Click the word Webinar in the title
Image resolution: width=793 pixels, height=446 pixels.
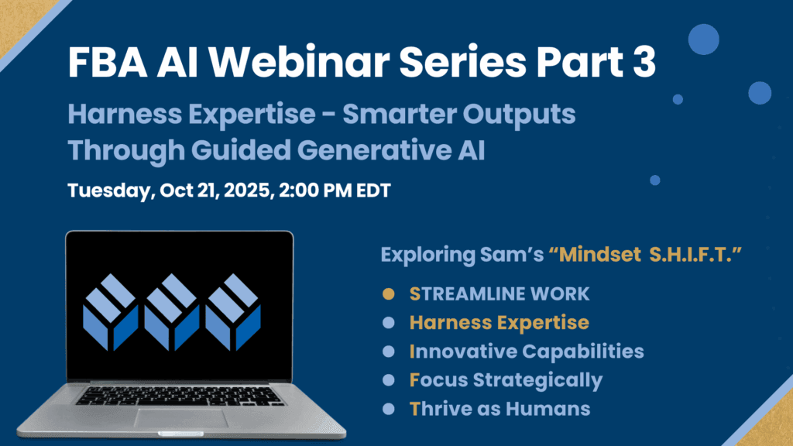click(299, 62)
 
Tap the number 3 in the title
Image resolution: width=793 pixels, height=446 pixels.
click(644, 62)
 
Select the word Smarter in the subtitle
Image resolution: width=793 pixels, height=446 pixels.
click(399, 114)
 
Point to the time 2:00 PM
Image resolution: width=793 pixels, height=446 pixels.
click(315, 190)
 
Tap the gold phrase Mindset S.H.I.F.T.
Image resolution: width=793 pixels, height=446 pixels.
click(645, 254)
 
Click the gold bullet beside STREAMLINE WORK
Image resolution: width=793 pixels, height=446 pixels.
click(389, 293)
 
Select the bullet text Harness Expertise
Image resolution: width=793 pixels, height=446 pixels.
click(499, 323)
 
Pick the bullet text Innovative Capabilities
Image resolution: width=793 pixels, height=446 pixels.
click(527, 352)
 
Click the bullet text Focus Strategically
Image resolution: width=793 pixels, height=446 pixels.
click(506, 381)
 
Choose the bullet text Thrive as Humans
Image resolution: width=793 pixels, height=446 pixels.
click(499, 409)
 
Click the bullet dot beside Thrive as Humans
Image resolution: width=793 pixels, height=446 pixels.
click(389, 409)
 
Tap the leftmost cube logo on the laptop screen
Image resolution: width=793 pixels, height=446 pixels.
click(111, 313)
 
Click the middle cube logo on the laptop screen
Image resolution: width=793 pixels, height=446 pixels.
click(172, 313)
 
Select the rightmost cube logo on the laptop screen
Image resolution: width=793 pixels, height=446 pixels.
click(233, 313)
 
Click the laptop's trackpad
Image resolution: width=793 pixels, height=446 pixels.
click(180, 418)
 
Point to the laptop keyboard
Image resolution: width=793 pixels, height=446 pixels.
click(179, 396)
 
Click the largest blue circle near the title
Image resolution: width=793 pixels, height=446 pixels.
click(703, 39)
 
